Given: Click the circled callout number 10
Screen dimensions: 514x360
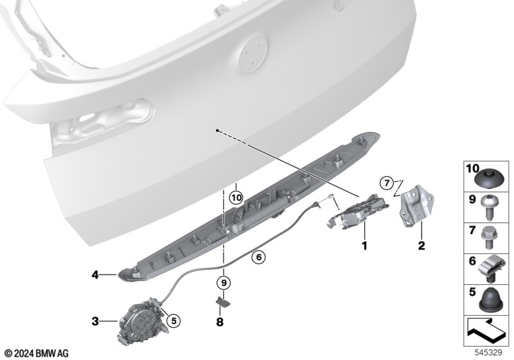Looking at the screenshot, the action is (x=236, y=198).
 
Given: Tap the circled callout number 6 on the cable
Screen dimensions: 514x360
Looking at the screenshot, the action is (x=259, y=257).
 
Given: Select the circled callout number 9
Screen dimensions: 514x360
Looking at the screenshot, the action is (x=224, y=282).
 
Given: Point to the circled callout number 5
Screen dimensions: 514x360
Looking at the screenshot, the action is (x=173, y=321).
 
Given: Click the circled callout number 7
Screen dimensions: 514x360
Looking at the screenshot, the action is (x=387, y=183).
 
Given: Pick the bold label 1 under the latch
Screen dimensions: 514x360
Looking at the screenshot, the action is (x=364, y=245).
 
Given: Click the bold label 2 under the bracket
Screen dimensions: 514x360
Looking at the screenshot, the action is (x=421, y=245).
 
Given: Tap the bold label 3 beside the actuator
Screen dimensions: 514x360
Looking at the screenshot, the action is (x=95, y=321).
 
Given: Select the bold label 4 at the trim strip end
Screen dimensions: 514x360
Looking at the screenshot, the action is (x=95, y=274).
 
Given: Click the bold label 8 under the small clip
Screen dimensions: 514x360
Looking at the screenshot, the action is (x=220, y=322).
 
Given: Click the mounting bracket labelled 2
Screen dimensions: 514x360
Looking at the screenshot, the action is (x=416, y=205).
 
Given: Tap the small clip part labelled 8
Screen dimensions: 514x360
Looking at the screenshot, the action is (x=222, y=301).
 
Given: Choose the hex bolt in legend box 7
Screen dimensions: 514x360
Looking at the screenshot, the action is (x=490, y=238).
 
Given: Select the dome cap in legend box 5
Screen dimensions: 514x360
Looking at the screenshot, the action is (x=490, y=300).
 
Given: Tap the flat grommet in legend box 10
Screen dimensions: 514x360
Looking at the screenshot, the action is (x=490, y=179).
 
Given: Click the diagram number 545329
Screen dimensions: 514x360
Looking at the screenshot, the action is (x=488, y=353).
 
